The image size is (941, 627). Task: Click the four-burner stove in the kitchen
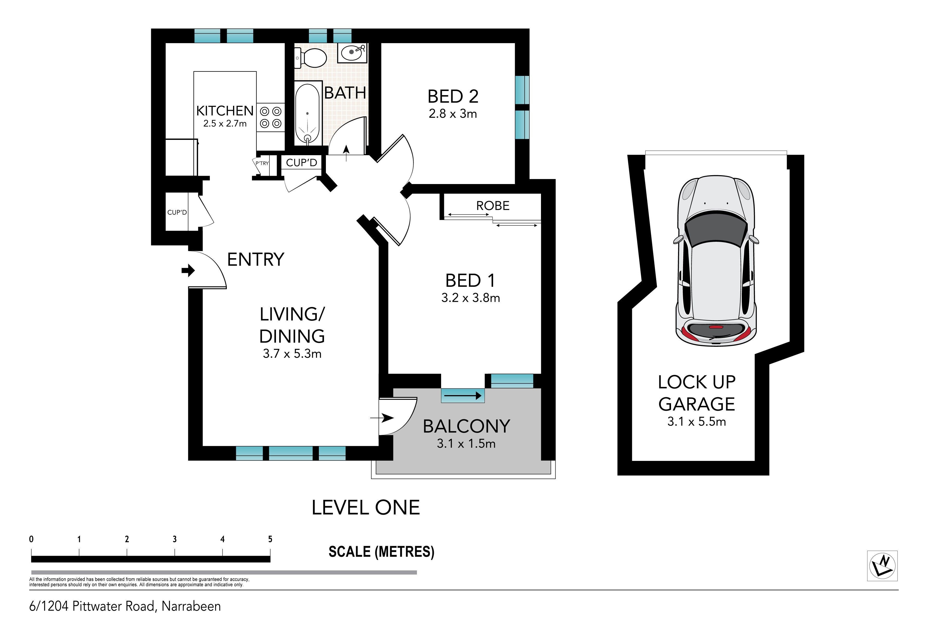coord(270,117)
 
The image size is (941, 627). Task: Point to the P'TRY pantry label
coord(262,163)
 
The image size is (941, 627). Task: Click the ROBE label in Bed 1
coord(493,206)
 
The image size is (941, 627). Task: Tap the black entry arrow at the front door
coord(188,270)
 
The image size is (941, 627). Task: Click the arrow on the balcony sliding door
coord(462,395)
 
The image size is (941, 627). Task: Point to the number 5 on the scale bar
coord(270,539)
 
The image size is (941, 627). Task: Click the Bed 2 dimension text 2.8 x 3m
coord(453,114)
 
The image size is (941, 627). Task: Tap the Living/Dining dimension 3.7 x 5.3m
coord(292,354)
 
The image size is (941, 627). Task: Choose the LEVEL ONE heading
coord(366,508)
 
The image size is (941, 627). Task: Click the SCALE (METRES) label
coord(381,552)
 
